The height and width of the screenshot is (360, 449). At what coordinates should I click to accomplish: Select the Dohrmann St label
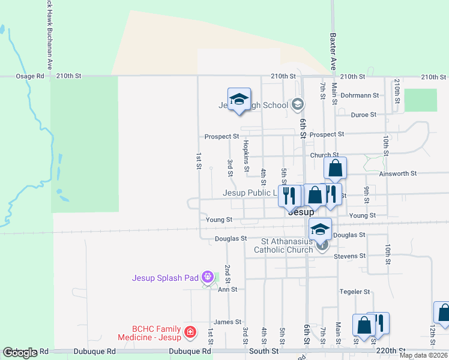359,95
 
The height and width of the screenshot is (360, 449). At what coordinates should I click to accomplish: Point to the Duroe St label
363,114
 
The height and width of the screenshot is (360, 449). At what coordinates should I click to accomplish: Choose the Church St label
324,155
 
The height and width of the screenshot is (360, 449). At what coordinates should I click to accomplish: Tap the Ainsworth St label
398,173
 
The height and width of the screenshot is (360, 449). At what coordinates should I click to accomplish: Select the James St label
227,322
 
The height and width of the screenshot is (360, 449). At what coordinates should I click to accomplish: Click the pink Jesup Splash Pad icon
208,277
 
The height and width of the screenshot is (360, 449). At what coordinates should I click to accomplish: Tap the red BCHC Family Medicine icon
190,331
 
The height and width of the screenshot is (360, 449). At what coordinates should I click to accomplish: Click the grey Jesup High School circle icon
297,105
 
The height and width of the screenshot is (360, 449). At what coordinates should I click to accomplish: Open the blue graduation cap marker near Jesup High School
239,100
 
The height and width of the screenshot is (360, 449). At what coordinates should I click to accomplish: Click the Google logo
19,353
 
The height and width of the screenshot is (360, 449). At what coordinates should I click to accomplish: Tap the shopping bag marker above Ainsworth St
336,169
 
